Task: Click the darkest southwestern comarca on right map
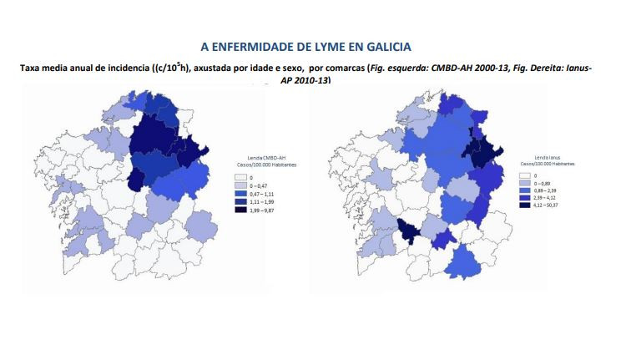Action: click(406, 231)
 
